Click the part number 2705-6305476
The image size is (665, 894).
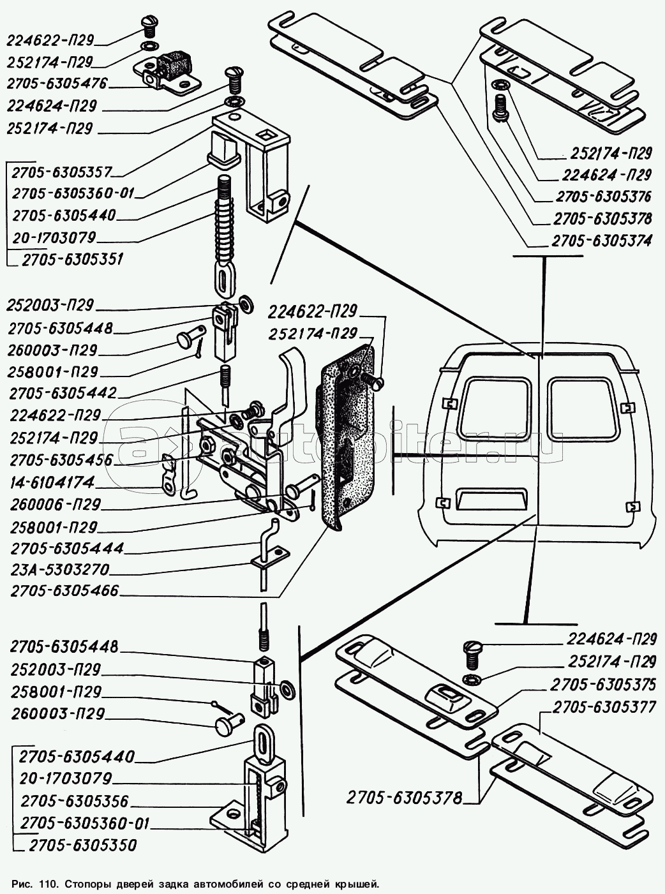point(57,84)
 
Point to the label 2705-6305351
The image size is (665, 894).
point(72,260)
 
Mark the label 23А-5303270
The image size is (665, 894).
point(59,569)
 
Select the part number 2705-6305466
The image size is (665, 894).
point(64,591)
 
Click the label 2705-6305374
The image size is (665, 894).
point(602,241)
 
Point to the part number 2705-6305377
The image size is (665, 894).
point(604,707)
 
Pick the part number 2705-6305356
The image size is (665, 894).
point(75,801)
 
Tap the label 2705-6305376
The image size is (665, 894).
point(603,196)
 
